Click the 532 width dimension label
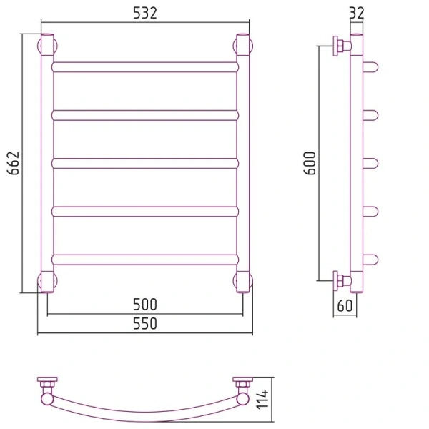tap(145, 13)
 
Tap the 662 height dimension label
tap(14, 163)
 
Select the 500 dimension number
tap(145, 305)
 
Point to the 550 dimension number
tap(145, 323)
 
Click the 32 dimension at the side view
tap(357, 13)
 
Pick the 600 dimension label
tap(310, 163)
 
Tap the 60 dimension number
tap(345, 305)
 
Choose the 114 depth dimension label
tap(262, 400)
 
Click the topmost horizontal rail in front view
tap(145, 67)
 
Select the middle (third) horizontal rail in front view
tap(145, 163)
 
